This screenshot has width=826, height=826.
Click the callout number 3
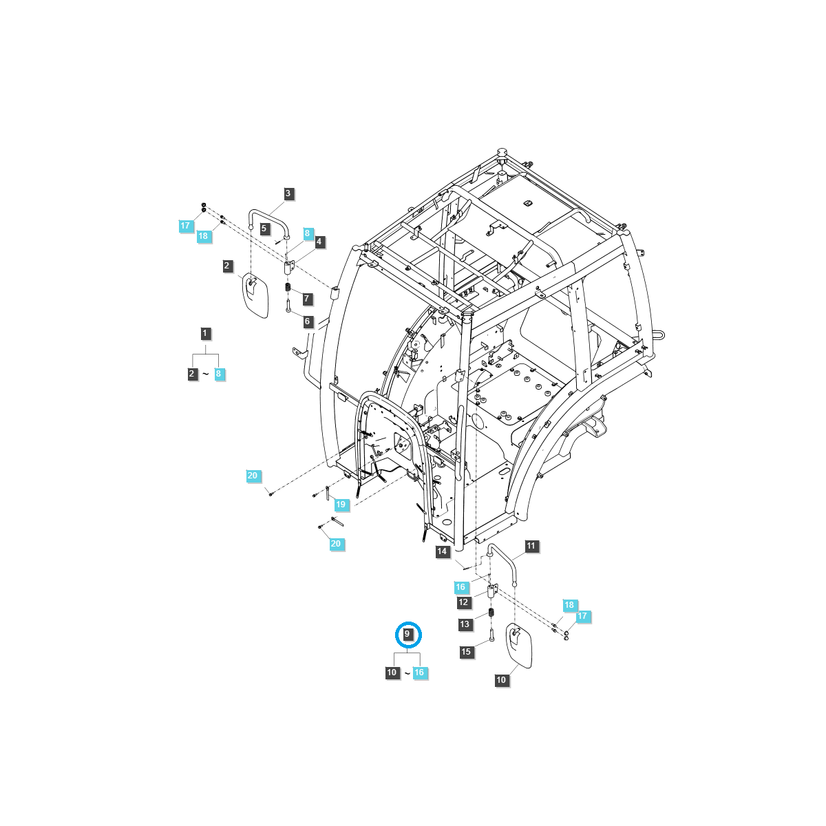click(288, 194)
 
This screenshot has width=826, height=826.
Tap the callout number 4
click(319, 242)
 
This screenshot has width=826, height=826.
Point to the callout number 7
click(307, 299)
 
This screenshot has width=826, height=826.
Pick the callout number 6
click(307, 321)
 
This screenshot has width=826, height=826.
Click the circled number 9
click(407, 633)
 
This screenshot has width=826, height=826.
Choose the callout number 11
click(531, 547)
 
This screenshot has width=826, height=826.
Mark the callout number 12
click(463, 602)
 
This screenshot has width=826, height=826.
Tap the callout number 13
click(465, 624)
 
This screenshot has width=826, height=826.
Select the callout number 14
click(442, 551)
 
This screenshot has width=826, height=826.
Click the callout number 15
click(466, 651)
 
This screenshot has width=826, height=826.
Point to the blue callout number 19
click(341, 505)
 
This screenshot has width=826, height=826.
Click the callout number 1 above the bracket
click(205, 333)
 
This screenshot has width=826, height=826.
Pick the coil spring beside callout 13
click(492, 613)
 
